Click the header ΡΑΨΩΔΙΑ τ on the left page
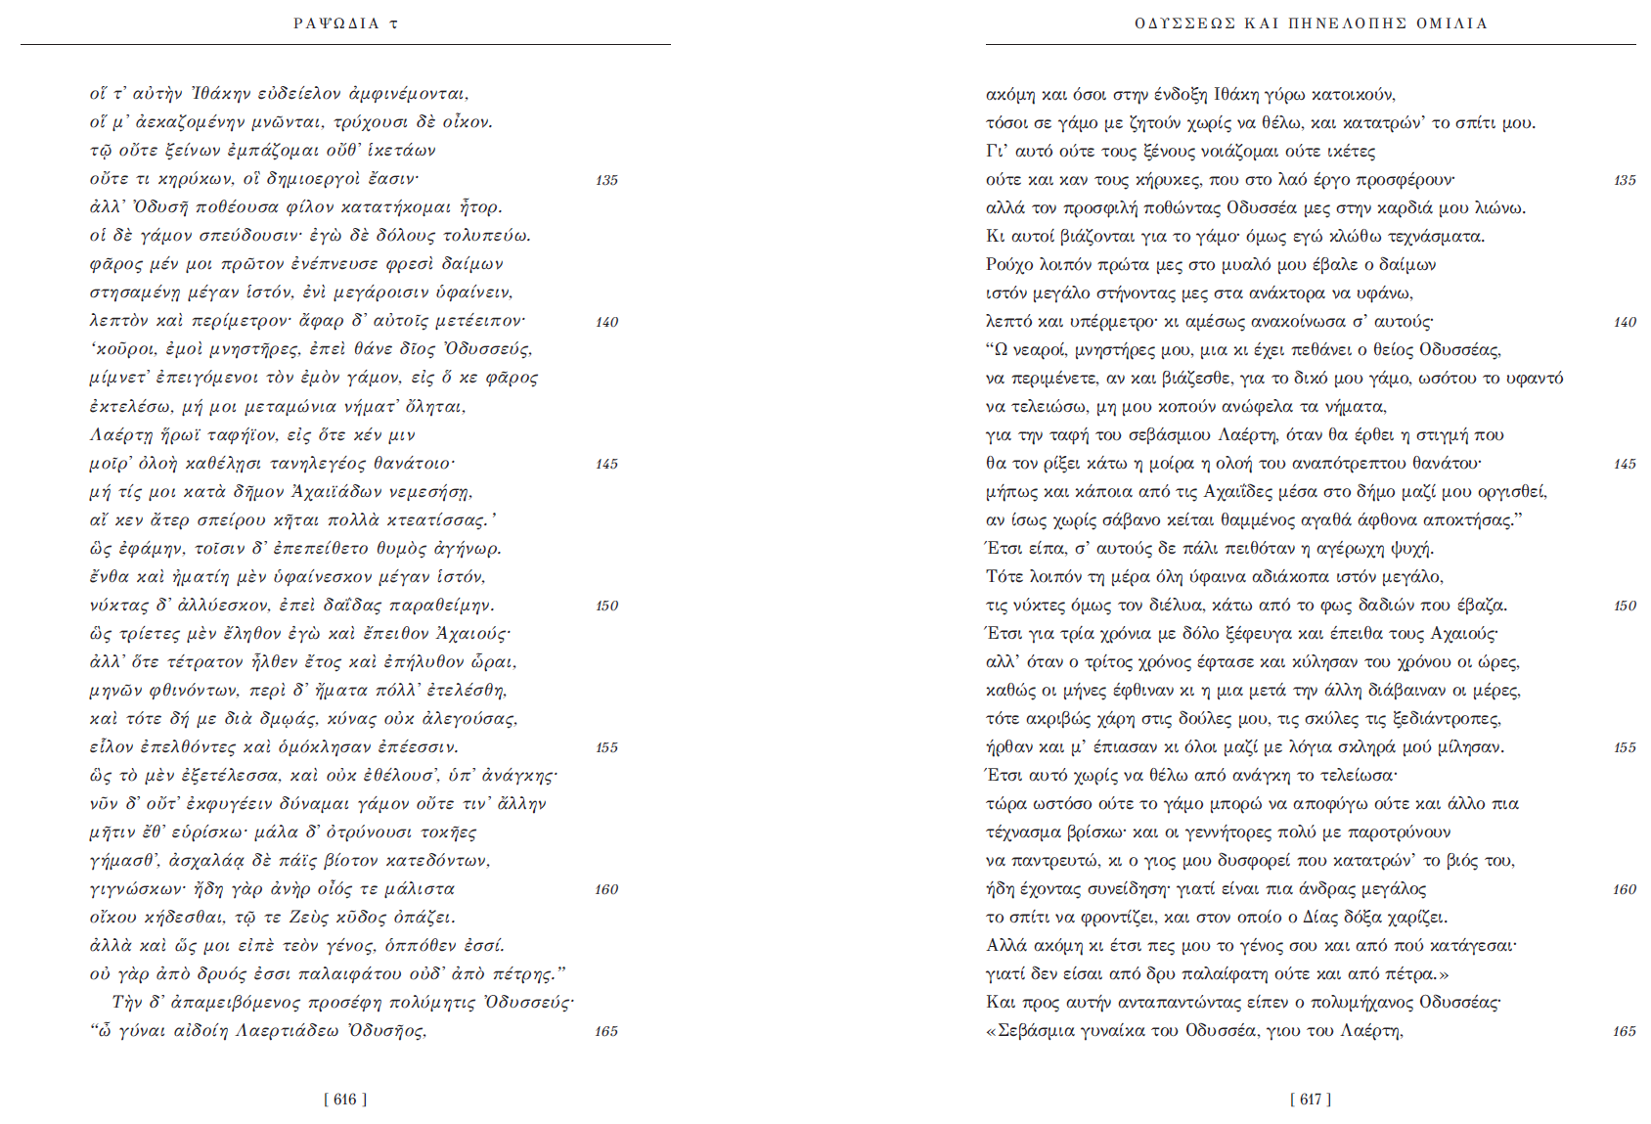coord(345,23)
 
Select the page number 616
coord(345,1100)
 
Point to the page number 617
coord(1310,1100)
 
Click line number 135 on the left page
coord(606,180)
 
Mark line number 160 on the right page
coord(1624,889)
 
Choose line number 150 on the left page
coord(606,606)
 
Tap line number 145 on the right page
coord(1624,464)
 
